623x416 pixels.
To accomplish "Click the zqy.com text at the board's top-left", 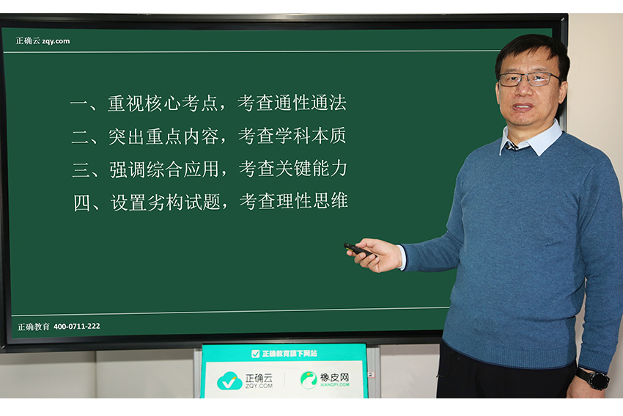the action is [x=56, y=41].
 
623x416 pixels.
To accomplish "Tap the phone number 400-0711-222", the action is [x=77, y=326].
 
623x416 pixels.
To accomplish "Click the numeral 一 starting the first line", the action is [x=78, y=103].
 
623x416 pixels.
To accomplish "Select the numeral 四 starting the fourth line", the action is [x=82, y=202].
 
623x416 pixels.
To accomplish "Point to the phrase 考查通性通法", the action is [x=292, y=103].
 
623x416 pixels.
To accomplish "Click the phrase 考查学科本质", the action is [x=292, y=136].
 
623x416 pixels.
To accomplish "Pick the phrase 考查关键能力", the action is [x=293, y=169].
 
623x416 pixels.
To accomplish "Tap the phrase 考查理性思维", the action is [x=294, y=201].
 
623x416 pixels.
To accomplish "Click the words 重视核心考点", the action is [x=163, y=103].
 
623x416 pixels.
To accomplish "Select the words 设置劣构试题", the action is [x=166, y=202].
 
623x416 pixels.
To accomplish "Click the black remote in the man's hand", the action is [x=357, y=249].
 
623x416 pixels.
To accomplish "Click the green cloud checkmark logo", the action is [x=229, y=381].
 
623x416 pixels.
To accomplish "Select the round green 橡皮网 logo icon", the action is [x=309, y=379].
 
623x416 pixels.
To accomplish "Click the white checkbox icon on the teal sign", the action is [x=256, y=354].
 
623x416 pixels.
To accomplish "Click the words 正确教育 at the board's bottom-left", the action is [x=34, y=327].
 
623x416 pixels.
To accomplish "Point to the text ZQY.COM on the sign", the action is [x=259, y=386].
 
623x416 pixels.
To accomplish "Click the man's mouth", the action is [x=523, y=106].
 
